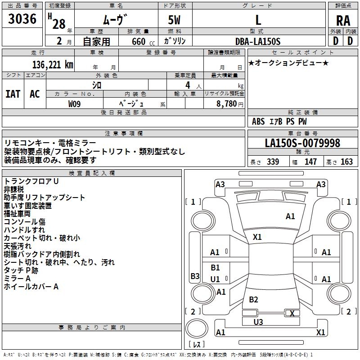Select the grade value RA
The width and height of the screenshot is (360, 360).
click(x=343, y=21)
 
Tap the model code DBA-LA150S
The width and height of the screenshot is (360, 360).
click(x=257, y=41)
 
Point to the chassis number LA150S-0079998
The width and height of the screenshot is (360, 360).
click(x=302, y=143)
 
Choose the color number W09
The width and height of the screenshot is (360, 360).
click(x=75, y=103)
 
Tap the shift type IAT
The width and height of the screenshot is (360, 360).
click(x=13, y=94)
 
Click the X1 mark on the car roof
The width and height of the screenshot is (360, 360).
click(x=257, y=237)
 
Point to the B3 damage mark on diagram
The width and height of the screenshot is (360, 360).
click(x=195, y=276)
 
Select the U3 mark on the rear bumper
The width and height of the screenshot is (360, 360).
click(x=258, y=322)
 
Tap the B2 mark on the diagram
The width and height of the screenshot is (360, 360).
click(x=254, y=300)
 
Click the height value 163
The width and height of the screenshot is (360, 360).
click(x=347, y=162)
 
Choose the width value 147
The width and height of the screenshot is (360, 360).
click(x=310, y=162)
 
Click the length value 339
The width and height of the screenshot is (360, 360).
click(x=273, y=162)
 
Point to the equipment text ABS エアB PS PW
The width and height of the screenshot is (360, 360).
click(x=279, y=121)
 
